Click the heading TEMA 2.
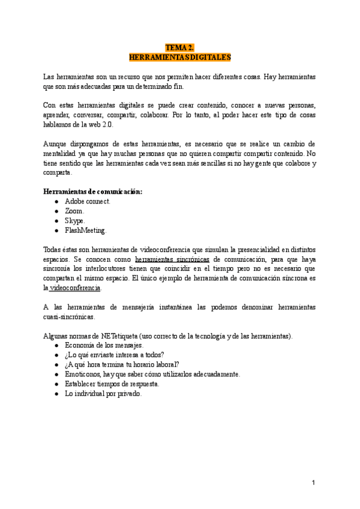[x=180, y=47]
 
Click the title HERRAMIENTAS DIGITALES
[x=180, y=57]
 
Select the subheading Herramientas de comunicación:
[x=93, y=191]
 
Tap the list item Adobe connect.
[x=88, y=201]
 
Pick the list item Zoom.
[x=74, y=211]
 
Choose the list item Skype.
[x=75, y=220]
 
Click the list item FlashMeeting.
[x=86, y=230]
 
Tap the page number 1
[x=313, y=482]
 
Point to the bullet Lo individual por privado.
[x=103, y=394]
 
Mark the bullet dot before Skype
[x=56, y=221]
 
